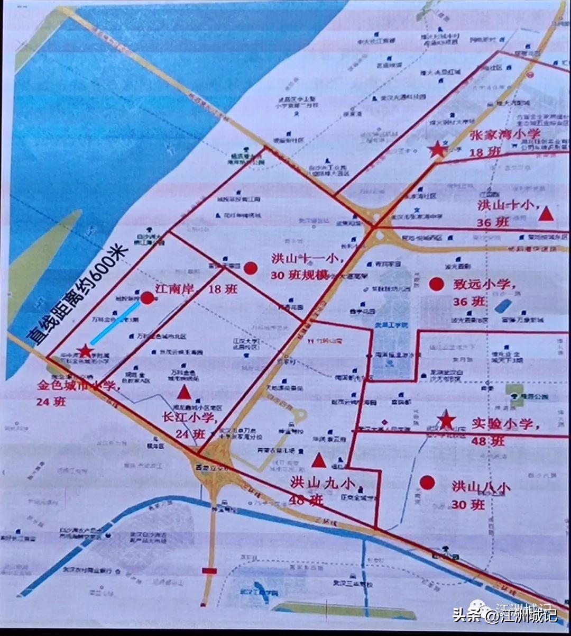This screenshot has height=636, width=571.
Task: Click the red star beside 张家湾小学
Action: click(437, 149)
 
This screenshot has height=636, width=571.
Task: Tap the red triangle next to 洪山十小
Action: click(546, 214)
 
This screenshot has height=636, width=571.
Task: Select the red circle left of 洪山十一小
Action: click(251, 268)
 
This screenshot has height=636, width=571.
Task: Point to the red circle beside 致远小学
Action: click(436, 284)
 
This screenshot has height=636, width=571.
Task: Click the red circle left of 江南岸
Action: click(148, 297)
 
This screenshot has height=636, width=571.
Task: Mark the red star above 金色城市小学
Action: click(85, 350)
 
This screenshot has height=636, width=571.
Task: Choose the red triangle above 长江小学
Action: click(183, 392)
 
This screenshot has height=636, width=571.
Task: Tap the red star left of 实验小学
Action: click(447, 420)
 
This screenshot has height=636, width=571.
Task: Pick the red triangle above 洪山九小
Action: click(318, 460)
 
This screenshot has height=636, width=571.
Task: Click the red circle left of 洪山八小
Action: click(427, 482)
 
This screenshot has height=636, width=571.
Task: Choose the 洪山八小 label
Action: click(481, 487)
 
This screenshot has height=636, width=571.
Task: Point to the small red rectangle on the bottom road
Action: click(209, 570)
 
